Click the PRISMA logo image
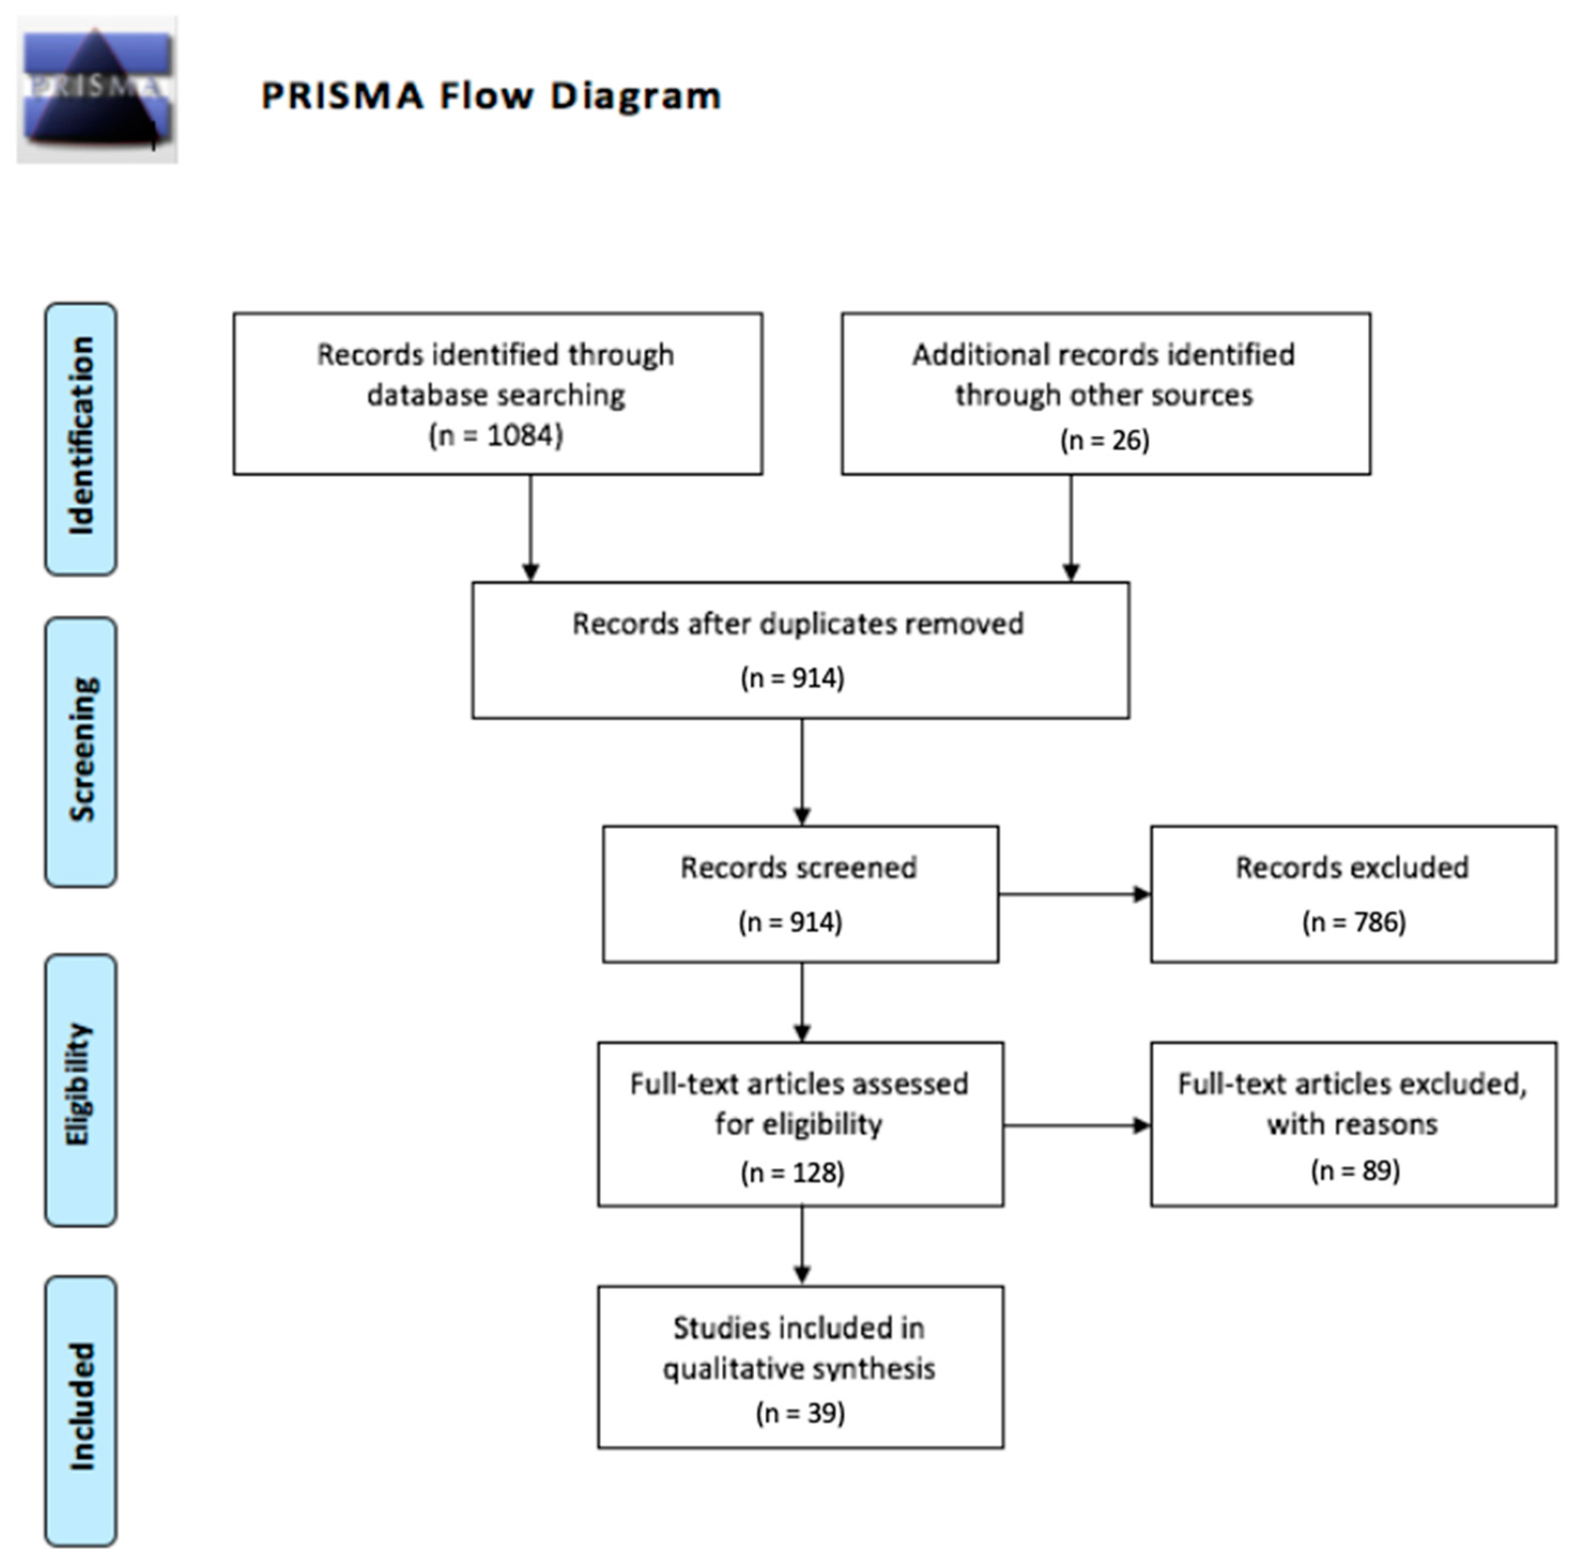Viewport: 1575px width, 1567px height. tap(97, 90)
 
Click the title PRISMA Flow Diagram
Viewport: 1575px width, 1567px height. tap(491, 95)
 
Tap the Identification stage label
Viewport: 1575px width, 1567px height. tap(81, 439)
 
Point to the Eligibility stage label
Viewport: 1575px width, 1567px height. tap(81, 1090)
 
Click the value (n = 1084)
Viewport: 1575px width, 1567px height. tap(496, 435)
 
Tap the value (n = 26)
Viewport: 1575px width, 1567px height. tap(1105, 440)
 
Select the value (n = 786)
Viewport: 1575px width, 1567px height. tap(1353, 922)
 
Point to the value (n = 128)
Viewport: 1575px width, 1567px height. tap(792, 1172)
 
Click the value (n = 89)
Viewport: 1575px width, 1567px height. tap(1355, 1170)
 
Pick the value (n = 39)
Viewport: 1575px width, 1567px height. tap(800, 1412)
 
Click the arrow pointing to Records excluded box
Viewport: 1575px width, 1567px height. tap(1075, 894)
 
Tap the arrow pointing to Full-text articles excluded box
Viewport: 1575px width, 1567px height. tap(1077, 1126)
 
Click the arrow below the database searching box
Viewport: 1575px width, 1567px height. tap(531, 528)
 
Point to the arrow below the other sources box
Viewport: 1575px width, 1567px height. tap(1071, 528)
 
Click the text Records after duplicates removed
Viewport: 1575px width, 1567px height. tap(797, 624)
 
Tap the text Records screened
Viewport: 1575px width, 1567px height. tap(798, 868)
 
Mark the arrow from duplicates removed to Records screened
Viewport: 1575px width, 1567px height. tap(802, 772)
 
